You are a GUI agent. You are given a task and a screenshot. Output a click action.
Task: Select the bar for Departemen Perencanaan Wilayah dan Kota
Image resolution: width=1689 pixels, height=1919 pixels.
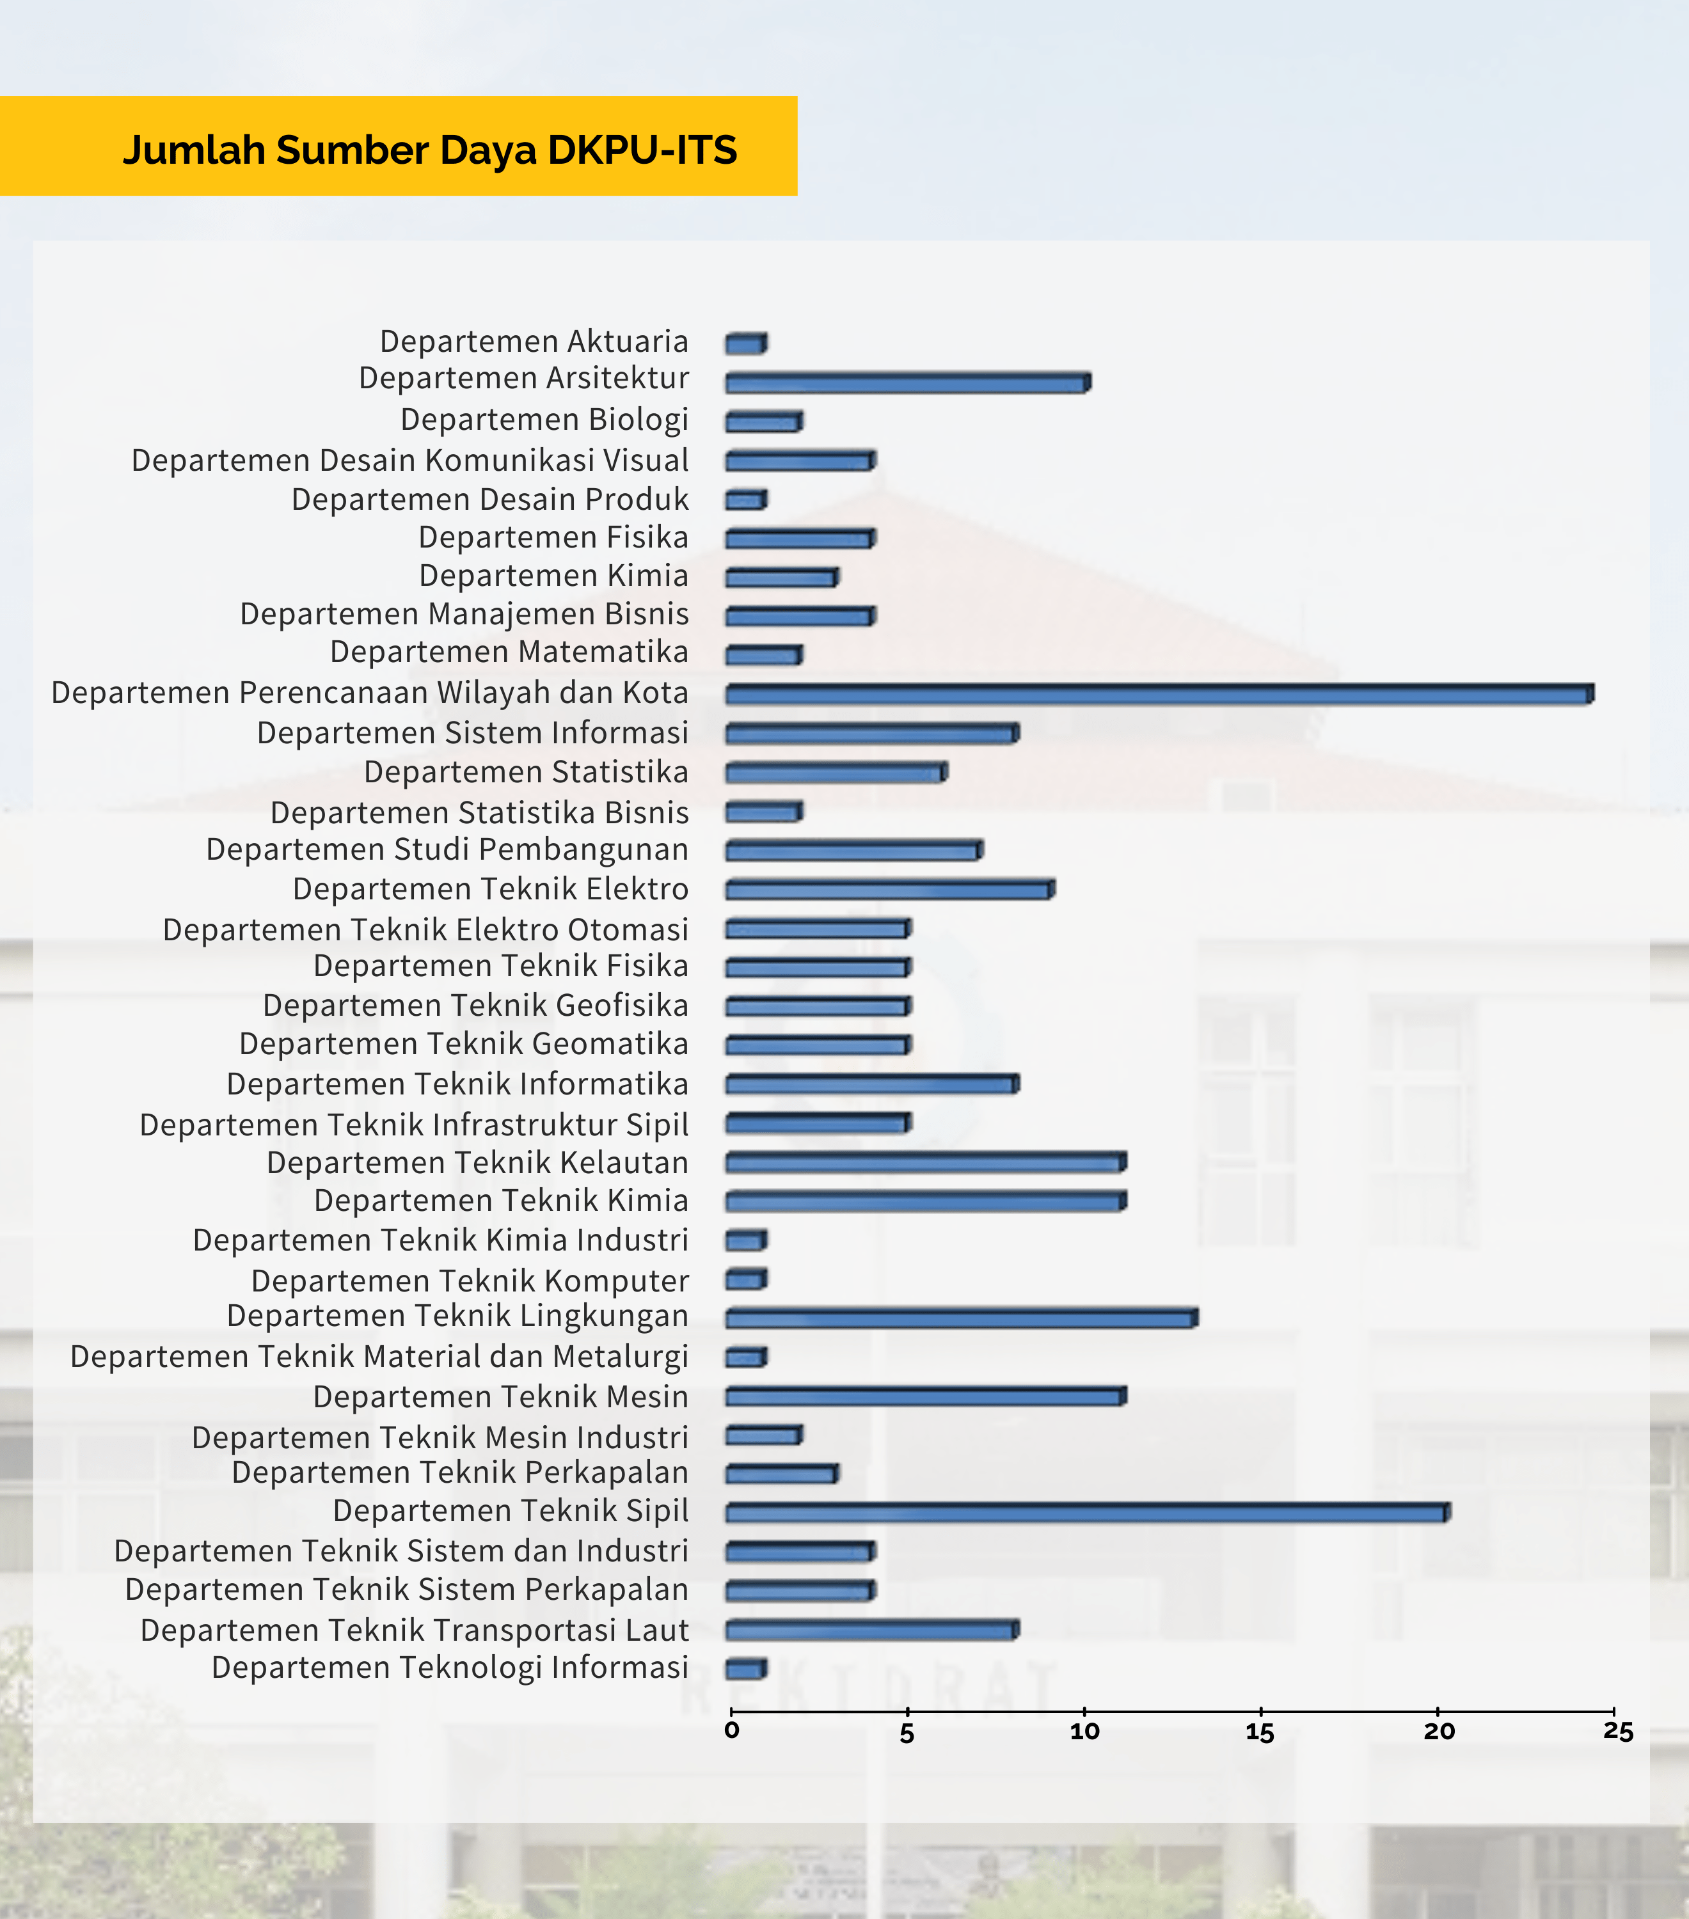[1159, 695]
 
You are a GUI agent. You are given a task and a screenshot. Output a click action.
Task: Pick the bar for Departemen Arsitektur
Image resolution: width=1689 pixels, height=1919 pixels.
[907, 382]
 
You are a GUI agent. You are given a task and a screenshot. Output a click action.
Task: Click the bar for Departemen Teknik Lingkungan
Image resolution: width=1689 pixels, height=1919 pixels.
[960, 1318]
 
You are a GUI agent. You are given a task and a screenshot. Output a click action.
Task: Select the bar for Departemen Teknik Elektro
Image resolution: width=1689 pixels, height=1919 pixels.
[889, 889]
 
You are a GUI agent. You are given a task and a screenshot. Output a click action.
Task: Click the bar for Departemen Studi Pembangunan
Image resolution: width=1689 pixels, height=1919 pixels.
[853, 851]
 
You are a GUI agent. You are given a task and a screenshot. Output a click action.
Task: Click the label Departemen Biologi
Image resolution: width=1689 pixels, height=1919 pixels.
[544, 420]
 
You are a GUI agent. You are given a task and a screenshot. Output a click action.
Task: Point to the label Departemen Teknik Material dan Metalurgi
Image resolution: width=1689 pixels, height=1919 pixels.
[379, 1357]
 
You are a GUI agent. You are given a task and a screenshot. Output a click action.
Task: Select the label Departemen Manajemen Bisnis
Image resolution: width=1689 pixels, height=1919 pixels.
[464, 614]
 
